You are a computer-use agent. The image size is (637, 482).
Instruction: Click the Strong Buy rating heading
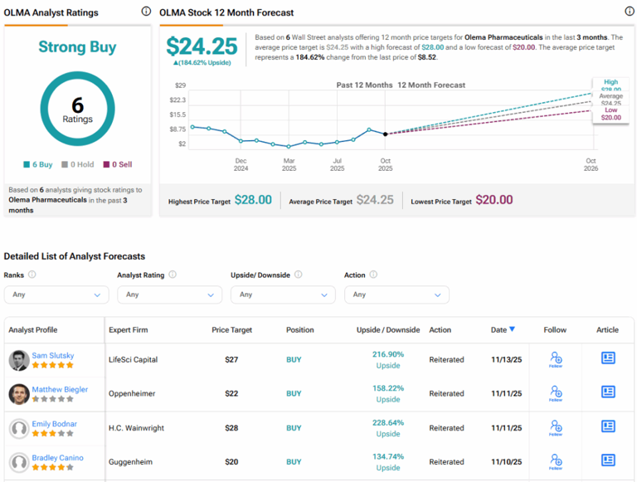(77, 47)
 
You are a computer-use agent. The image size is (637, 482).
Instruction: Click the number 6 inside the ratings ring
(77, 104)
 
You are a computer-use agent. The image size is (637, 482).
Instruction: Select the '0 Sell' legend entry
(119, 164)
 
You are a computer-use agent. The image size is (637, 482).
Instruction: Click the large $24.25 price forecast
(202, 46)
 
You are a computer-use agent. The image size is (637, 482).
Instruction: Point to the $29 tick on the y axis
(180, 85)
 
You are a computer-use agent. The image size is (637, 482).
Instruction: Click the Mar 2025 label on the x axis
(289, 164)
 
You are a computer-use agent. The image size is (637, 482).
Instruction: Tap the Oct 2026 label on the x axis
(591, 164)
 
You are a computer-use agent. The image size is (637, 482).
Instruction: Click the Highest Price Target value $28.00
(253, 201)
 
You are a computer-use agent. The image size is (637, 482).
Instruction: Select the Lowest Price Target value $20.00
(494, 201)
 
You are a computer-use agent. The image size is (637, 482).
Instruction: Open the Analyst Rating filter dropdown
(169, 295)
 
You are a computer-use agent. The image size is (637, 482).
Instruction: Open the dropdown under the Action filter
(396, 295)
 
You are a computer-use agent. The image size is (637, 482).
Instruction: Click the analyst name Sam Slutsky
(53, 355)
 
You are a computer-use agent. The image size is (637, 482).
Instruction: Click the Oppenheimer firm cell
(133, 393)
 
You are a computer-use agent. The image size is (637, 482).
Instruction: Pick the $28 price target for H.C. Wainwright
(231, 428)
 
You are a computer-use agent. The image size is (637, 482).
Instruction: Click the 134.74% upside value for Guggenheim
(388, 456)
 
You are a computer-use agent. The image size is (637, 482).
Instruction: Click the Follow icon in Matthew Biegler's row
(555, 393)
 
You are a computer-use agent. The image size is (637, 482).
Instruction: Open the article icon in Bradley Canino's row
(608, 460)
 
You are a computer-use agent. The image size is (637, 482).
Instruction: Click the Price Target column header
(231, 329)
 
